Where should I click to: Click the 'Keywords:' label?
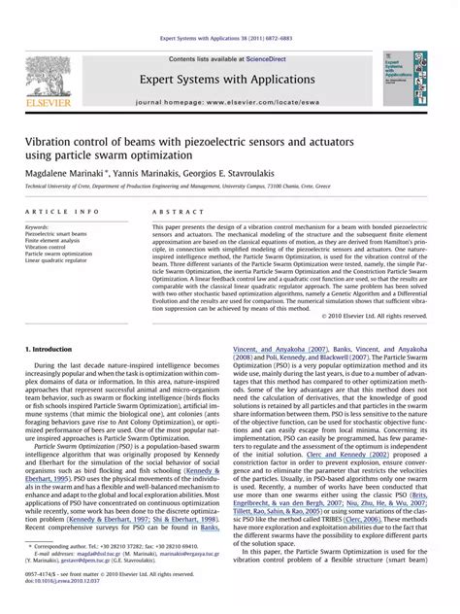40,227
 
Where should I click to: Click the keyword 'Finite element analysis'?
58,241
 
